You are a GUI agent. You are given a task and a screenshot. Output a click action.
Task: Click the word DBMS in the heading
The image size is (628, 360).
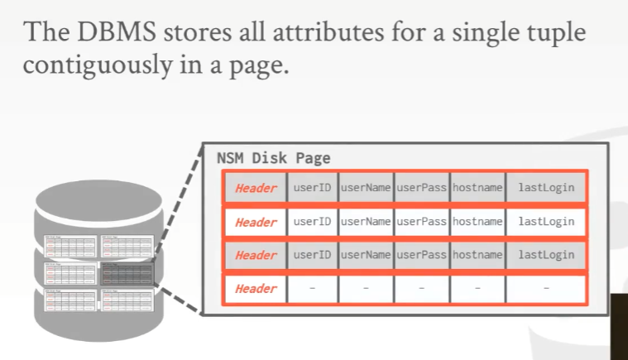[x=114, y=33]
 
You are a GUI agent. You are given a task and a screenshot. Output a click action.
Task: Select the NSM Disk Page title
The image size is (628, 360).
[x=273, y=157]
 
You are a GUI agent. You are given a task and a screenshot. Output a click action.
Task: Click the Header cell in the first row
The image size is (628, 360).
[x=256, y=188]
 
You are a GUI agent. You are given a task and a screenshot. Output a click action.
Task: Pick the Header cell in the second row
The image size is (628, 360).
[x=256, y=222]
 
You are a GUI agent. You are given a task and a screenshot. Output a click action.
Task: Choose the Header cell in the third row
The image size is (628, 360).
[x=256, y=255]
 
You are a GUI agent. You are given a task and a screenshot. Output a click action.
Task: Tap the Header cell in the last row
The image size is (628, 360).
[x=256, y=289]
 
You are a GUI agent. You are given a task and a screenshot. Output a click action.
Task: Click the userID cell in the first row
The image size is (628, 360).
[x=312, y=188]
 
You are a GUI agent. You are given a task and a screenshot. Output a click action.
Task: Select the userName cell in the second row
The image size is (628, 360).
[x=365, y=222]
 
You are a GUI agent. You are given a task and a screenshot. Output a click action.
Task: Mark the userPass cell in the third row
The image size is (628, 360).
[x=421, y=255]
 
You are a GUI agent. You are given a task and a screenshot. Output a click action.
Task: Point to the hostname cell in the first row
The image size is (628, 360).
[x=477, y=188]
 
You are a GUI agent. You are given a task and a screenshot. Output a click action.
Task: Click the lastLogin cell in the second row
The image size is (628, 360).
[x=546, y=222]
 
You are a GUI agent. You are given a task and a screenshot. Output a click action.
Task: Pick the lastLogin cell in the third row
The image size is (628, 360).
[x=546, y=255]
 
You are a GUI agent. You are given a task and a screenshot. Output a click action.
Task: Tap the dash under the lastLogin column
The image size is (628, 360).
[x=546, y=289]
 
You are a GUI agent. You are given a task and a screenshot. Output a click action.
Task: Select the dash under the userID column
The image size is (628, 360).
[x=312, y=289]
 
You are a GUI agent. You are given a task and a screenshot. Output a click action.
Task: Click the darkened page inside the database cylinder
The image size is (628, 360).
[x=126, y=272]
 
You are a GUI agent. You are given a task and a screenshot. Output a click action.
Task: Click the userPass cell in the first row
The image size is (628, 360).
[x=421, y=188]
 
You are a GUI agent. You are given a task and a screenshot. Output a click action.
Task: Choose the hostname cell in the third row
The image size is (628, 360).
[x=477, y=255]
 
